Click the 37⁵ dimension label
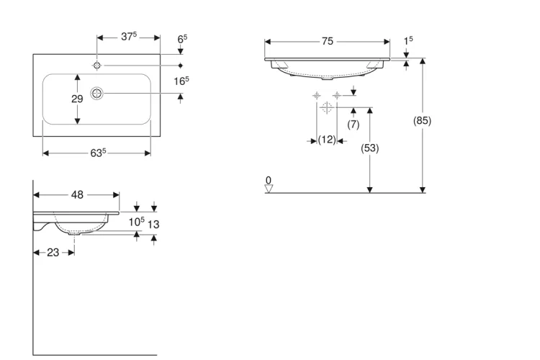[x=129, y=36]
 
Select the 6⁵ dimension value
[x=183, y=39]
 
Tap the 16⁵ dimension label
[x=181, y=81]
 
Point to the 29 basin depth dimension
[x=77, y=99]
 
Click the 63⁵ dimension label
[x=98, y=153]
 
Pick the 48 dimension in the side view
[x=77, y=194]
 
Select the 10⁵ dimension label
[x=137, y=222]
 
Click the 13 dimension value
[x=153, y=225]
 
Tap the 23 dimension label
[x=53, y=253]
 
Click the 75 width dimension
[x=328, y=41]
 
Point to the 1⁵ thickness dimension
[x=408, y=40]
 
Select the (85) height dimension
[x=422, y=120]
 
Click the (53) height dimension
[x=369, y=148]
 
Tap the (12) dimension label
[x=326, y=140]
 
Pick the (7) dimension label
[x=354, y=124]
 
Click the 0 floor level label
[x=269, y=180]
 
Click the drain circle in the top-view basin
[x=96, y=93]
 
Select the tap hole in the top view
[x=97, y=65]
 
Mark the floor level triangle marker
[x=269, y=189]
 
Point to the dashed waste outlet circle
[x=326, y=107]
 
